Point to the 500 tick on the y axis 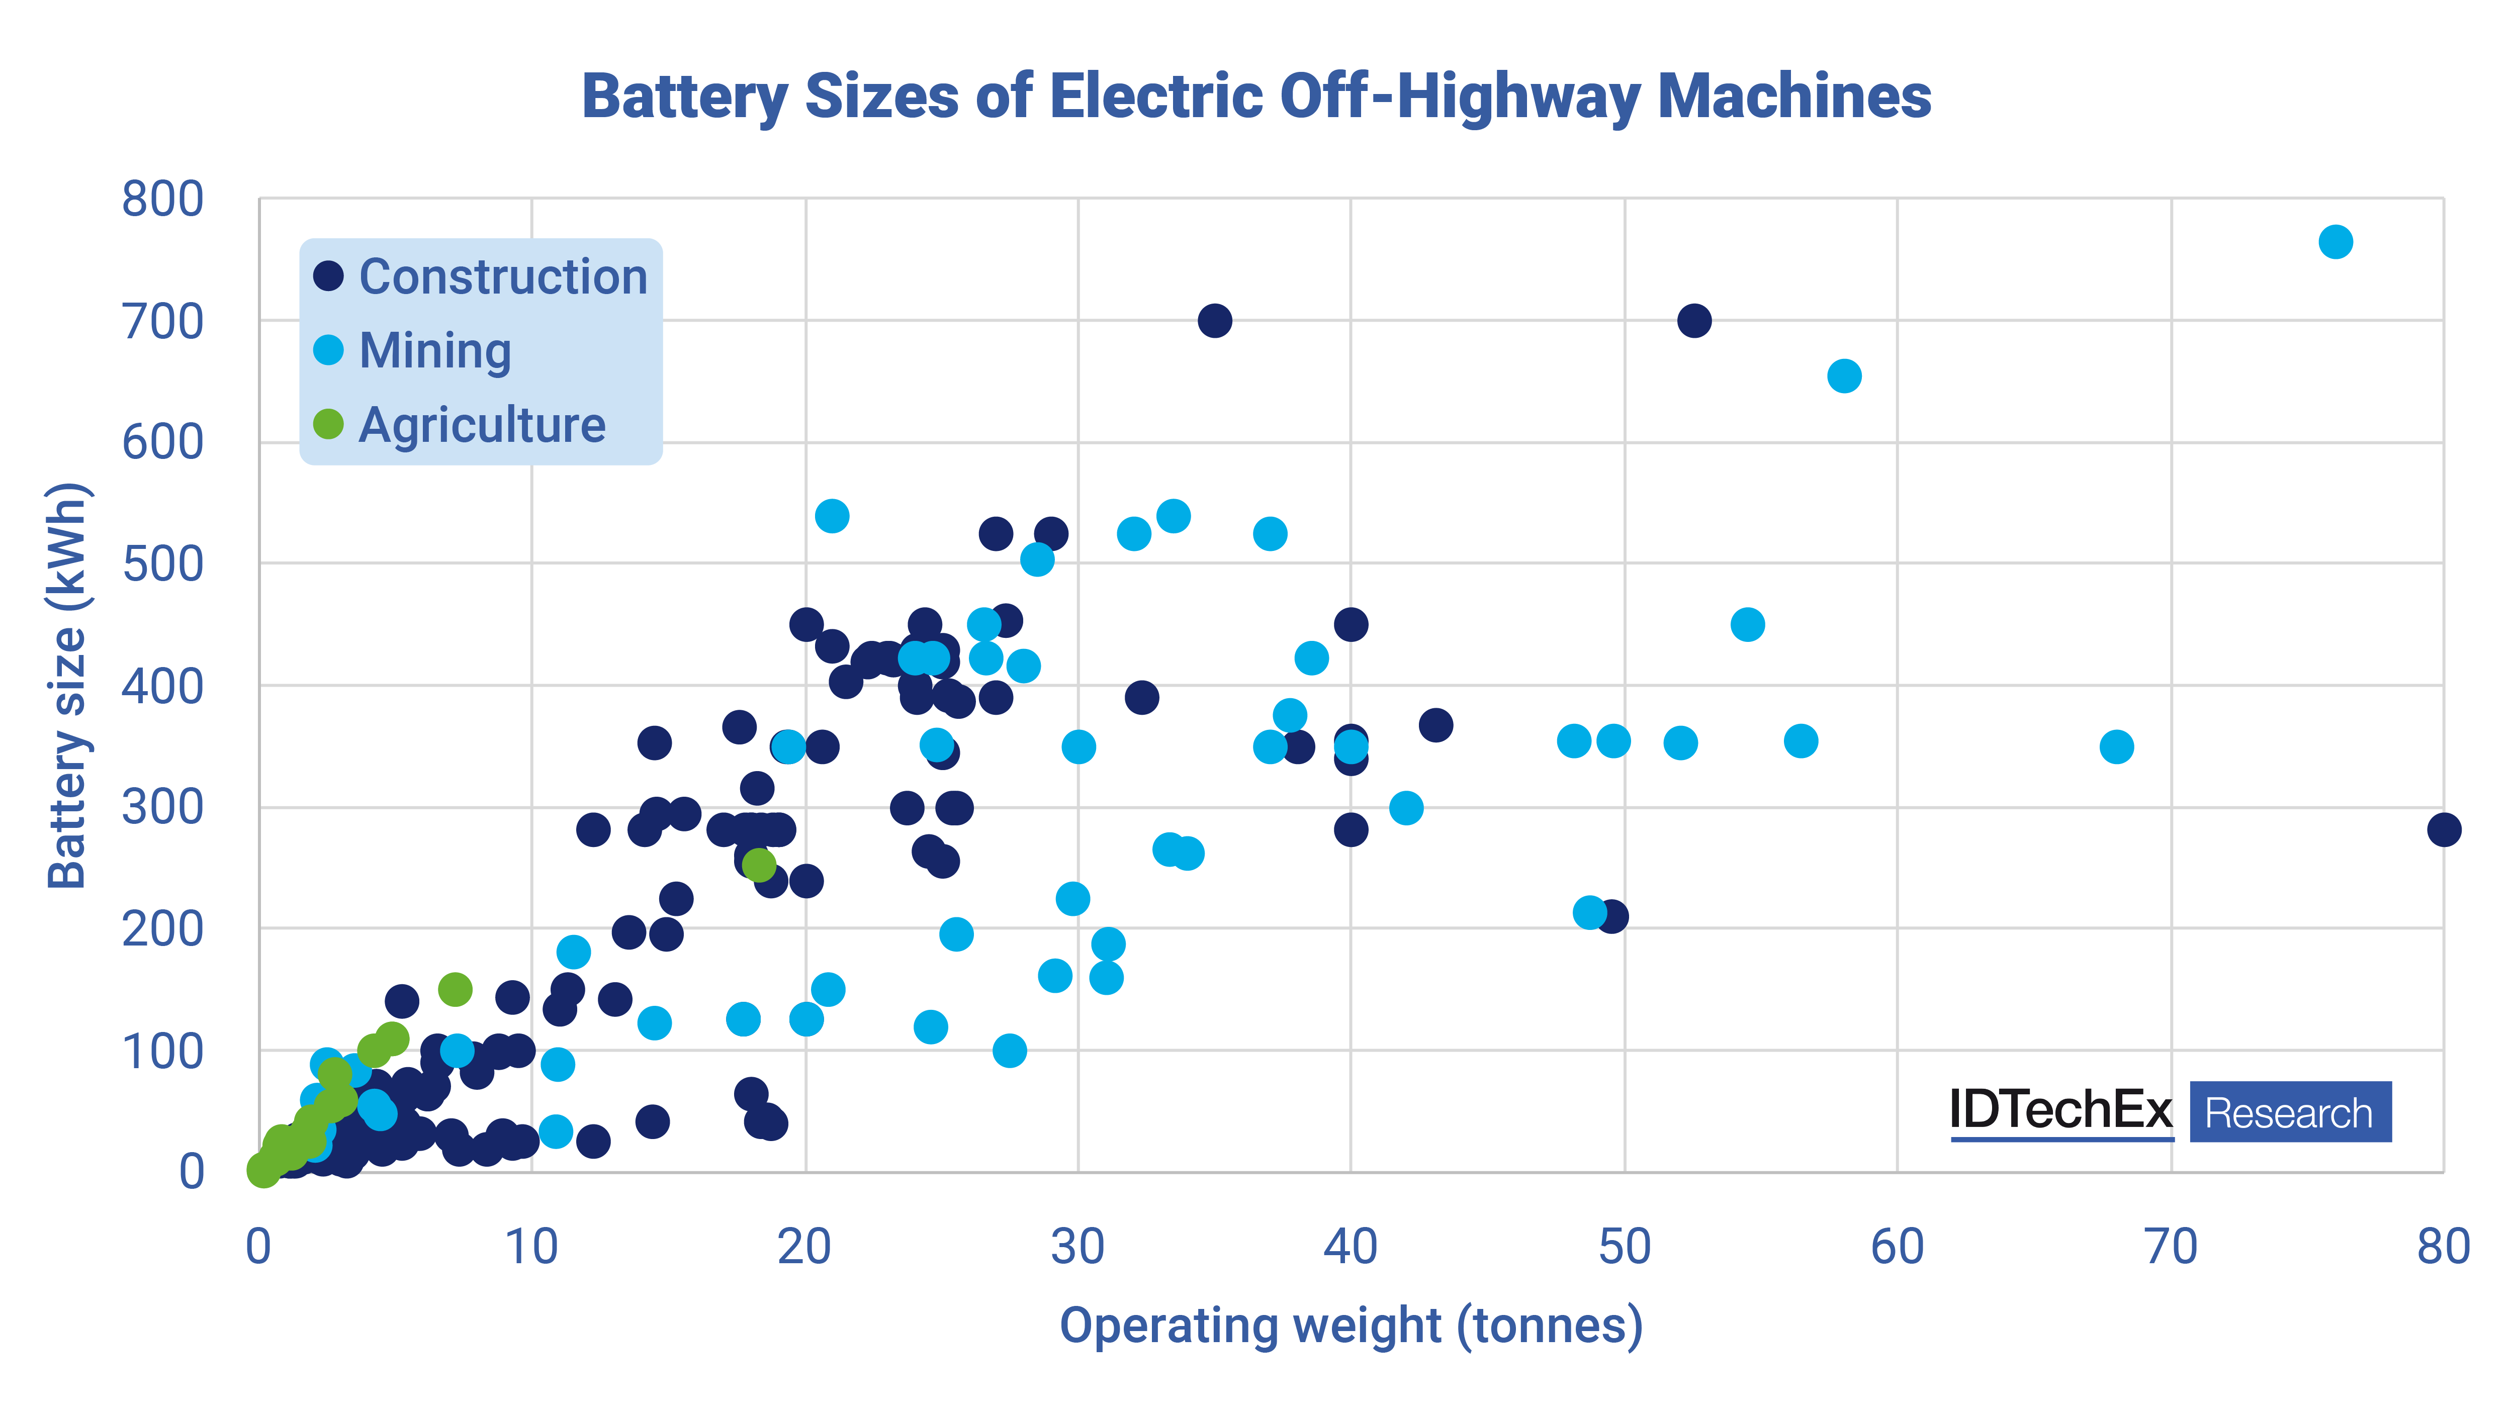pyautogui.click(x=162, y=564)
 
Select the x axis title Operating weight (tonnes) pyautogui.click(x=1351, y=1325)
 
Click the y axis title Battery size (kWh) pyautogui.click(x=68, y=685)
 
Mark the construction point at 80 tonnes pyautogui.click(x=2443, y=829)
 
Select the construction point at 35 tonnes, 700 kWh pyautogui.click(x=1214, y=320)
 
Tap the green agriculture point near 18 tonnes pyautogui.click(x=758, y=865)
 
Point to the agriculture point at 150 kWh pyautogui.click(x=455, y=990)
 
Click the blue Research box pyautogui.click(x=2290, y=1111)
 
